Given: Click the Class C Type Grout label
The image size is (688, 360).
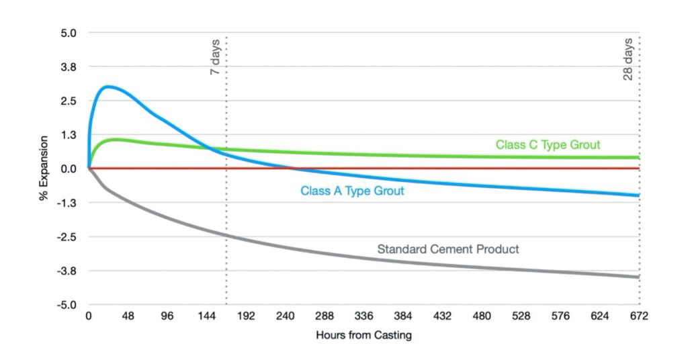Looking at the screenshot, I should [548, 144].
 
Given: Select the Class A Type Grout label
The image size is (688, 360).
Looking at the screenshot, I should [352, 191].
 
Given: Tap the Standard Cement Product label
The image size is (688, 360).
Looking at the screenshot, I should [448, 249].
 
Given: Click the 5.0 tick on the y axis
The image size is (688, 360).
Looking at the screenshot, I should [69, 33].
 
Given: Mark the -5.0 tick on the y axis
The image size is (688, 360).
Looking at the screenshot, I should [67, 305].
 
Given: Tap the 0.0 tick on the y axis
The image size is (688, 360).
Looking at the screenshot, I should [69, 169].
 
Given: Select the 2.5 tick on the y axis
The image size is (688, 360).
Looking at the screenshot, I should [69, 101].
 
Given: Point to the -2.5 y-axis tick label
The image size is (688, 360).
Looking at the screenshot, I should [67, 237].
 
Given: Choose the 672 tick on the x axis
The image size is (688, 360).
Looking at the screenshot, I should [639, 316].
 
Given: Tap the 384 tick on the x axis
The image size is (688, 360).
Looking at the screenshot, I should [403, 316].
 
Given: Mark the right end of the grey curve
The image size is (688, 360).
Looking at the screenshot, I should [638, 277].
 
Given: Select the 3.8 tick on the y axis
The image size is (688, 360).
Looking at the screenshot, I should [69, 67].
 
